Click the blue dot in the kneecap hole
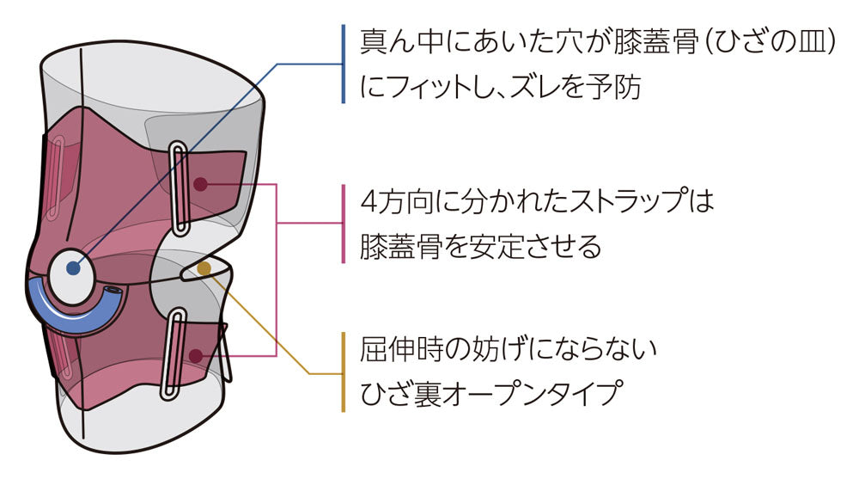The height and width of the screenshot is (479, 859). click(74, 268)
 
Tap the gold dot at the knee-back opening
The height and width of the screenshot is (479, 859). click(204, 269)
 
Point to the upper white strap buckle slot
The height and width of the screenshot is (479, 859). click(179, 189)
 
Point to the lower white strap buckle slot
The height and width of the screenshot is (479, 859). click(175, 353)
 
